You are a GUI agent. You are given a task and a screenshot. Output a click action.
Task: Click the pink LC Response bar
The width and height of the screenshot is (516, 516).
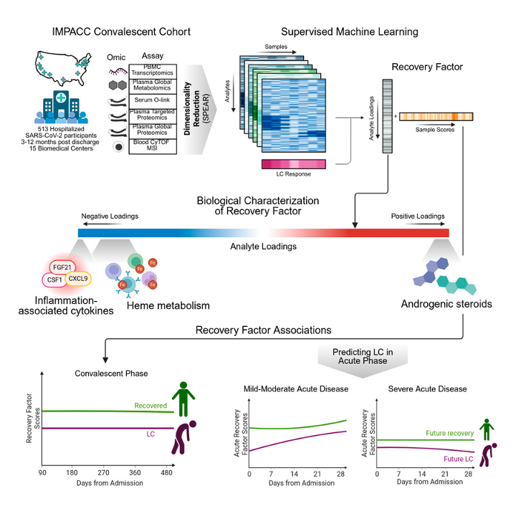click(293, 165)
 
